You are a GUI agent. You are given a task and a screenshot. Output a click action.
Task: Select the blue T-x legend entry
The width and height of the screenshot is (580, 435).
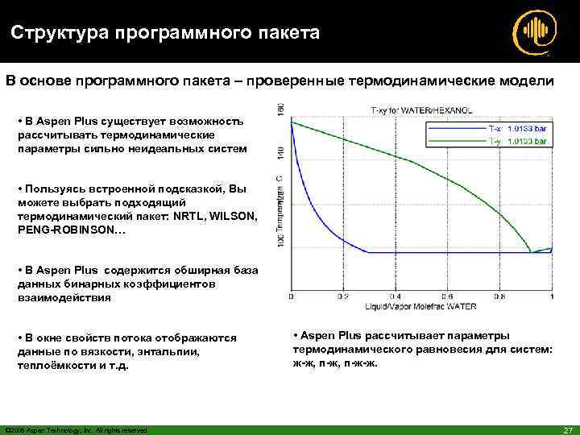[x=518, y=128]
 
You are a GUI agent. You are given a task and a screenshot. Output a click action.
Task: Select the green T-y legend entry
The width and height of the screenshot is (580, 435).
[x=518, y=141]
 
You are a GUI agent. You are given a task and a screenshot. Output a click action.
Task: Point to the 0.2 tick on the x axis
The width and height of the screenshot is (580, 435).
[x=343, y=297]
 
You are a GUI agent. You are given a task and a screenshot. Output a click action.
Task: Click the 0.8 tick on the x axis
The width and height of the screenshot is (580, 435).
[x=499, y=297]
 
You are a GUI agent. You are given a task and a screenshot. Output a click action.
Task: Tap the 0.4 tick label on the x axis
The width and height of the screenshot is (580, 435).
[x=395, y=297]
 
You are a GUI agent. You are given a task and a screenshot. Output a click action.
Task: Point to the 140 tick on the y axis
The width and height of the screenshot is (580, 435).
[x=281, y=150]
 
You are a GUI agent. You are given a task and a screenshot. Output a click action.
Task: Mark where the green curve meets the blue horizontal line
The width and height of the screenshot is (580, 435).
[x=530, y=252]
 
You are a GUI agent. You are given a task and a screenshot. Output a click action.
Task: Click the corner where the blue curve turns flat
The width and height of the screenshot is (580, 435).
[x=367, y=252]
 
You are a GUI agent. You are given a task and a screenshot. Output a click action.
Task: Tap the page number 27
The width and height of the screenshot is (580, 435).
[x=565, y=429]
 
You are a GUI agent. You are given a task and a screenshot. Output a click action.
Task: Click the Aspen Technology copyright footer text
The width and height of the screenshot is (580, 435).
[x=76, y=429]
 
